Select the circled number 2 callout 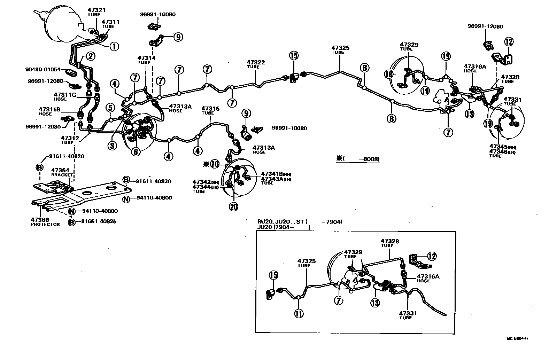point(90,56)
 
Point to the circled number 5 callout point(110,107)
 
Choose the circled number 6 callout point(136,151)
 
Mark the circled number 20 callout point(233,206)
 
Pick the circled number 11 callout point(299,313)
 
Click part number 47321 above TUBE point(97,10)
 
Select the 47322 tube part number point(256,63)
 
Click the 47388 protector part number point(40,220)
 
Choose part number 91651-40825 point(97,221)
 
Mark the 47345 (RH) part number point(498,147)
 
